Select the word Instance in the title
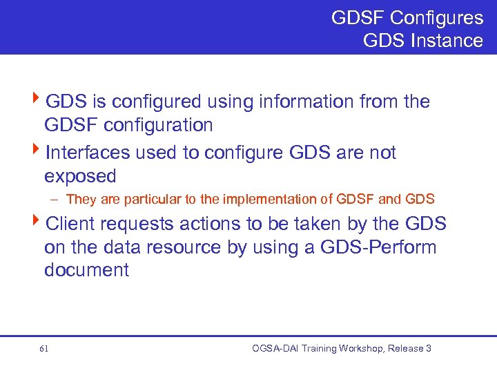pyautogui.click(x=446, y=40)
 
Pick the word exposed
pyautogui.click(x=80, y=176)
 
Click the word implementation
pyautogui.click(x=260, y=200)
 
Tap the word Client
pyautogui.click(x=72, y=224)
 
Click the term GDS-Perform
pyautogui.click(x=379, y=247)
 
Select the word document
pyautogui.click(x=86, y=270)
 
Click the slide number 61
pyautogui.click(x=44, y=349)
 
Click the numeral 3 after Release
pyautogui.click(x=429, y=349)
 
